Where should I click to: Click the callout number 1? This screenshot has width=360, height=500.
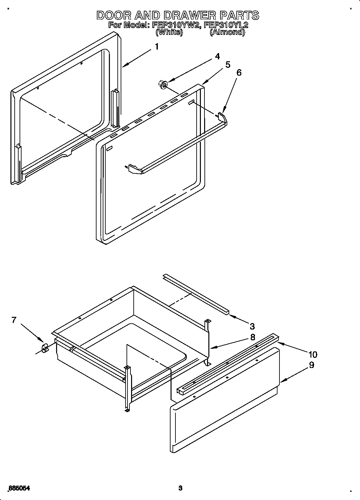pyautogui.click(x=157, y=47)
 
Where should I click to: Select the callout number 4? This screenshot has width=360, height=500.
pyautogui.click(x=217, y=56)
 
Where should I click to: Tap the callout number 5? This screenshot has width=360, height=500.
pyautogui.click(x=228, y=65)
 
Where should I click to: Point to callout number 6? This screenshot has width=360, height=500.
pyautogui.click(x=239, y=72)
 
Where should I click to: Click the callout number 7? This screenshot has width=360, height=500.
pyautogui.click(x=14, y=320)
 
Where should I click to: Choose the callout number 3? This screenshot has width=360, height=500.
pyautogui.click(x=252, y=326)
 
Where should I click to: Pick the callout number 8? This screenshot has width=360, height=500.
pyautogui.click(x=252, y=337)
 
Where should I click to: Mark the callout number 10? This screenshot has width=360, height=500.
pyautogui.click(x=312, y=354)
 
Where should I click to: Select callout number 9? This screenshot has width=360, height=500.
pyautogui.click(x=311, y=365)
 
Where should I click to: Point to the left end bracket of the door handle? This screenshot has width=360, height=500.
pyautogui.click(x=134, y=169)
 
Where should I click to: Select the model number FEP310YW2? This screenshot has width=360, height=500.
pyautogui.click(x=176, y=25)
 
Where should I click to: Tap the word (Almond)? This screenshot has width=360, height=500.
pyautogui.click(x=227, y=32)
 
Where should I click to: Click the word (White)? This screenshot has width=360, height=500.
pyautogui.click(x=169, y=32)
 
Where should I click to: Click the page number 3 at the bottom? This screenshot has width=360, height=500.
pyautogui.click(x=180, y=488)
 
